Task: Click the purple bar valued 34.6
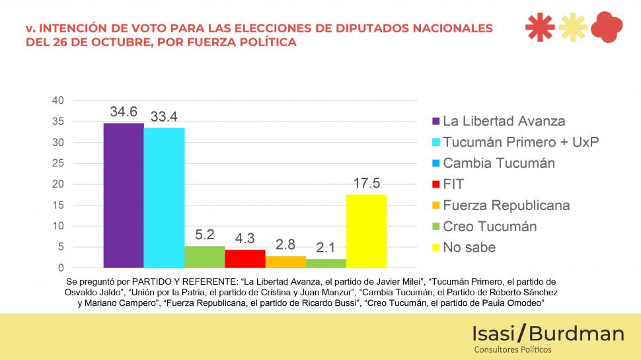point(124,196)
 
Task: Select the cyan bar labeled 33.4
point(164,198)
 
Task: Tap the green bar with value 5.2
point(204,257)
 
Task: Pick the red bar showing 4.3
point(245,259)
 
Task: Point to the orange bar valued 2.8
point(285,262)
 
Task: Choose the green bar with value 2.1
point(326,263)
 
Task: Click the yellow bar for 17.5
point(366,231)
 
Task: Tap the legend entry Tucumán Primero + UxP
point(520,142)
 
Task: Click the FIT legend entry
point(453,184)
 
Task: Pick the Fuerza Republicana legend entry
point(506,205)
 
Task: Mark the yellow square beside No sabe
point(435,248)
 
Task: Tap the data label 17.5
point(366,183)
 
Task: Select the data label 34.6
point(124,111)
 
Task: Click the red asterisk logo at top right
point(540,27)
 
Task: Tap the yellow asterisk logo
point(572,27)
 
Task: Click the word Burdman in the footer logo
point(576,334)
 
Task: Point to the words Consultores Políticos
point(513,349)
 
